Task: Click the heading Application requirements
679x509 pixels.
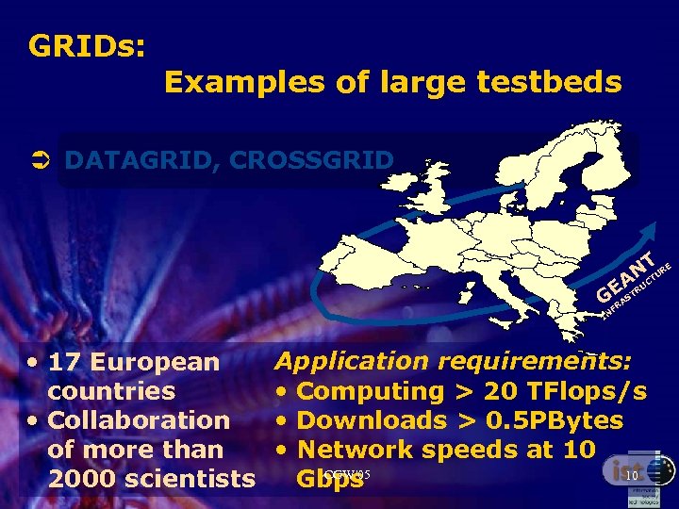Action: pyautogui.click(x=453, y=361)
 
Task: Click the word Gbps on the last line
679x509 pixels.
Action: pyautogui.click(x=329, y=479)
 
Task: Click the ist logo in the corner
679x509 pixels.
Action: pyautogui.click(x=622, y=471)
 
